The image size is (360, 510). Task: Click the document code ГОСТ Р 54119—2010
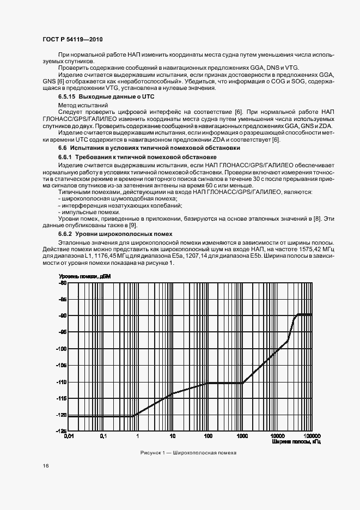coord(72,40)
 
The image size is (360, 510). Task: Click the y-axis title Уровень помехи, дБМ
coord(84,277)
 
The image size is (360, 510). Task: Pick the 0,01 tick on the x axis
coord(69,436)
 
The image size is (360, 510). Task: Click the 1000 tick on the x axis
coord(242,436)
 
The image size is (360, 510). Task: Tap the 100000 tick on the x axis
coord(312,436)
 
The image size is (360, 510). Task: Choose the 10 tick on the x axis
coord(173,436)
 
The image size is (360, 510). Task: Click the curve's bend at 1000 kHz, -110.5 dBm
coord(242,383)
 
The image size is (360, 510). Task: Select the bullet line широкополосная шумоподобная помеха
coord(101,199)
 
